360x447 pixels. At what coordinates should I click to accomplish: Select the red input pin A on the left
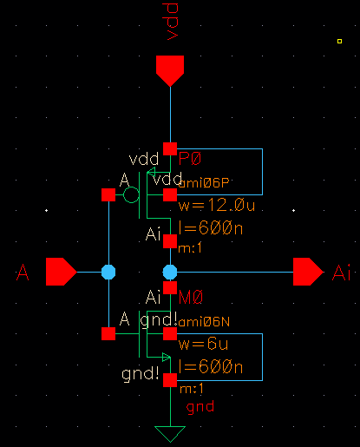click(x=60, y=272)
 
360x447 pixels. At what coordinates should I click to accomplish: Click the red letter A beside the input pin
click(x=24, y=274)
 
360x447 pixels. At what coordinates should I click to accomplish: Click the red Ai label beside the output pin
click(x=342, y=274)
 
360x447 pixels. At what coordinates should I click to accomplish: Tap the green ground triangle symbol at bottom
click(x=171, y=434)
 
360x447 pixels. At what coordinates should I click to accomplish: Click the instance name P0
click(x=189, y=159)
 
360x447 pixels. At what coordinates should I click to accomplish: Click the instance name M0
click(x=191, y=298)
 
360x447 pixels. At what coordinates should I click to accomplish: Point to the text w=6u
click(x=202, y=344)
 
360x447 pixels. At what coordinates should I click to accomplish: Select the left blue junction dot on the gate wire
click(x=108, y=272)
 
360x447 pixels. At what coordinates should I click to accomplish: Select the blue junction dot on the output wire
click(x=171, y=272)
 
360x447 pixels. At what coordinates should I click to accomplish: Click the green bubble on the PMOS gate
click(x=131, y=195)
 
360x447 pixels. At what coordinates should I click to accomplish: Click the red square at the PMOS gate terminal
click(x=108, y=195)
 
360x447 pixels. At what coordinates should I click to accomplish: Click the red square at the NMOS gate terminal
click(x=108, y=333)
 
